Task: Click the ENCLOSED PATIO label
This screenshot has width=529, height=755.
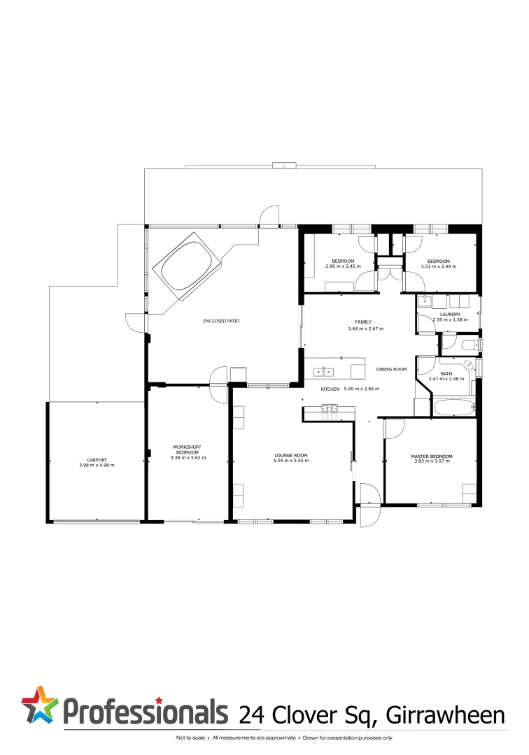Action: point(221,321)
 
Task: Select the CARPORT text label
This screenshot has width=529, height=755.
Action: point(97,459)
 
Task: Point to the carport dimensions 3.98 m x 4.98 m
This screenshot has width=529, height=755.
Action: point(97,465)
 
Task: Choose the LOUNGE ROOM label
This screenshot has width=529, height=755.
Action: point(290,455)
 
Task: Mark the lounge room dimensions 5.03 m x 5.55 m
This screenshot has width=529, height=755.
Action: point(290,461)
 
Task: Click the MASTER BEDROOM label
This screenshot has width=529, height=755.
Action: point(431,456)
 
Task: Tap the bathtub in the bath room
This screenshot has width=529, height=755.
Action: point(453,407)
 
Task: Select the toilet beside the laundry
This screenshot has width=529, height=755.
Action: point(468,345)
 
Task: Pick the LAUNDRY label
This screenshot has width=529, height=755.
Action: point(450,314)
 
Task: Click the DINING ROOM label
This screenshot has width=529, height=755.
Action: point(391,369)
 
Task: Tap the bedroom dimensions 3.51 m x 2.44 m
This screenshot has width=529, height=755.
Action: point(438,266)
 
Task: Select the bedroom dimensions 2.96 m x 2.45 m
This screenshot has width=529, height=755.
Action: point(342,266)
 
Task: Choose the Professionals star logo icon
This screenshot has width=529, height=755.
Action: point(39,704)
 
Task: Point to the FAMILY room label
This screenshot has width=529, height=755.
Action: point(363,322)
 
